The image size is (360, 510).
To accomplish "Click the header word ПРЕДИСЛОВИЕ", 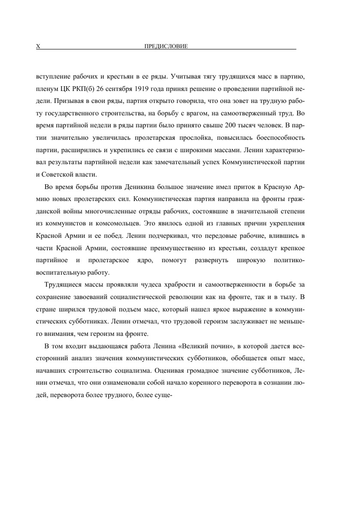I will tap(166, 46).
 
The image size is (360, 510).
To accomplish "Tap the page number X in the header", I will tap(38, 46).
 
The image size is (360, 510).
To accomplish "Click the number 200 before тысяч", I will tap(230, 126).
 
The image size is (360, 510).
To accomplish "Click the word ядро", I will tap(145, 260).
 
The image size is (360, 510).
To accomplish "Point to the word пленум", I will tap(46, 89).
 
